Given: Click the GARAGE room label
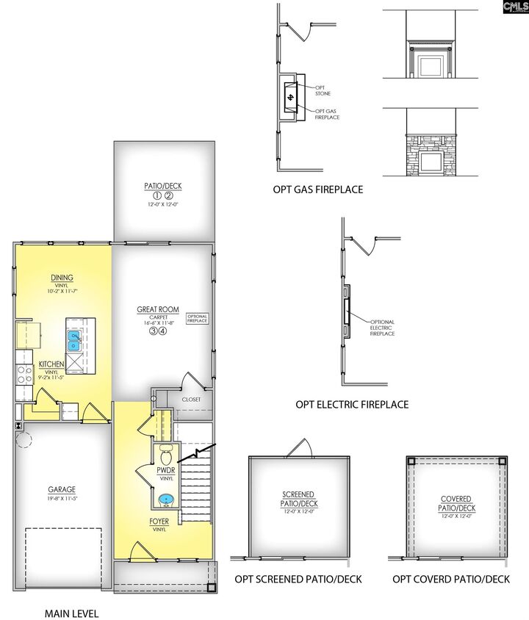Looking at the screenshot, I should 62,489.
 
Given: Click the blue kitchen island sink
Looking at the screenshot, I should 74,340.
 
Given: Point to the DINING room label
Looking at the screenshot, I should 62,278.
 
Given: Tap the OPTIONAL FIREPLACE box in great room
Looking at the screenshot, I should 198,318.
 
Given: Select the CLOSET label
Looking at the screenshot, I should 192,400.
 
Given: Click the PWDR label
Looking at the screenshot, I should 165,470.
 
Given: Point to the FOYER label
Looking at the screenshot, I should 159,521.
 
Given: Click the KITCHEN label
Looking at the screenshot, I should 51,364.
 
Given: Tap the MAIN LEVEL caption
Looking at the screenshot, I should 71,613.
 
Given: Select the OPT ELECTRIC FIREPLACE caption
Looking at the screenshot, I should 352,403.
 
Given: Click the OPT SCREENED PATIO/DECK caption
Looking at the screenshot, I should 298,579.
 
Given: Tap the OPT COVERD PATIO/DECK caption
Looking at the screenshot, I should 450,579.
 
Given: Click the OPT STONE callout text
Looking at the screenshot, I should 323,90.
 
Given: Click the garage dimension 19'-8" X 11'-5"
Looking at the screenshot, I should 62,498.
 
